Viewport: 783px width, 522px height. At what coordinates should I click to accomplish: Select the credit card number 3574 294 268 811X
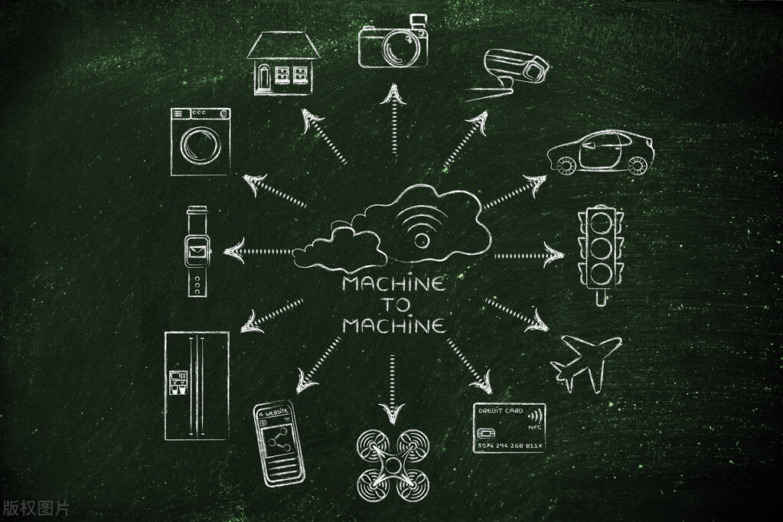510,445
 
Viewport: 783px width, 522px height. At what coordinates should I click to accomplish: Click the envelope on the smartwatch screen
197,248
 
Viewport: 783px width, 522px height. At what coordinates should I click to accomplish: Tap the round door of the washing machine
201,145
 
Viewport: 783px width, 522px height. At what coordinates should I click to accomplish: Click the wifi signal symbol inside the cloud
416,227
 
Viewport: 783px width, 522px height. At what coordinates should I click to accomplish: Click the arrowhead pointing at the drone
392,413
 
